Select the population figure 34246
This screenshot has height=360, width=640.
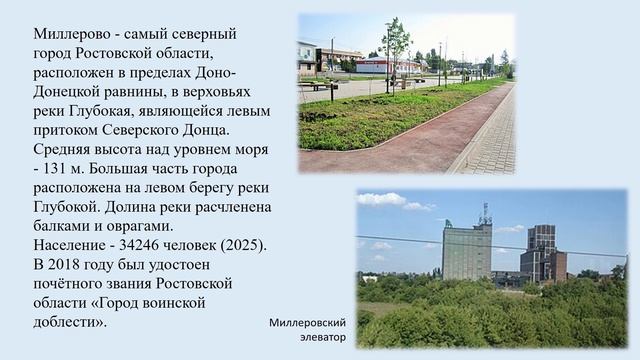point(149,245)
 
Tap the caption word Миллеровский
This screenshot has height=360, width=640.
point(307,323)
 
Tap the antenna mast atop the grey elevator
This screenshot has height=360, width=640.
point(485,214)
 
